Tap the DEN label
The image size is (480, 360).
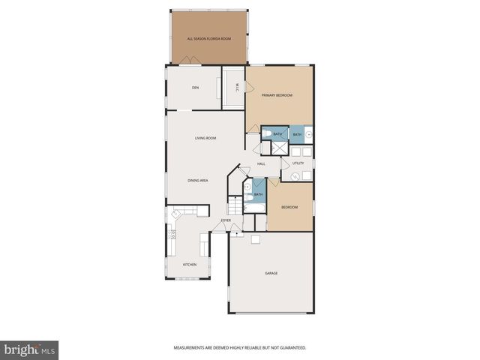tap(195, 88)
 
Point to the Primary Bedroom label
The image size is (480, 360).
tap(276, 95)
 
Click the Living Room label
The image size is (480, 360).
tap(205, 138)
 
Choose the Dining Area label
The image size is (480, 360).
tap(198, 180)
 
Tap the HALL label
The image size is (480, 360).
tap(261, 163)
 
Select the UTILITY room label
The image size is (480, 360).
tap(298, 163)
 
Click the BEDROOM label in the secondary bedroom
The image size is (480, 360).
tap(289, 207)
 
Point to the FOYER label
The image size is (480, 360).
tap(225, 220)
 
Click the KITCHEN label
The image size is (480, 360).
tap(190, 264)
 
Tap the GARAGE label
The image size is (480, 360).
tap(271, 273)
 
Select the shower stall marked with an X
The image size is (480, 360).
tap(278, 148)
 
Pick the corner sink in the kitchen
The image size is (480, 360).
tap(176, 214)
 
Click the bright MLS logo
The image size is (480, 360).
tap(29, 349)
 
